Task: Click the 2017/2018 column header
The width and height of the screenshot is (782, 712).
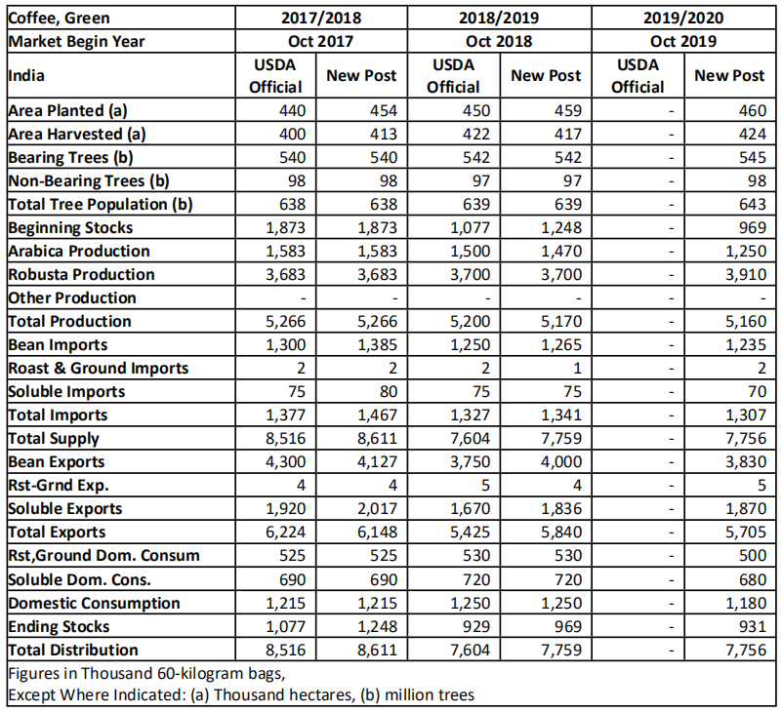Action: point(320,18)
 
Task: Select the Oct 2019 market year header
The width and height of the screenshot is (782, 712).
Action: point(682,41)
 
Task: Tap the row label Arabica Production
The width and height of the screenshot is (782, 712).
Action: point(79,251)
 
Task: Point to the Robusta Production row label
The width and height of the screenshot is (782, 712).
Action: point(81,274)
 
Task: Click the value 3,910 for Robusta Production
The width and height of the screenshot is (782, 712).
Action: point(746,274)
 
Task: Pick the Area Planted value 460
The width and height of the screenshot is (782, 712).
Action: point(752,110)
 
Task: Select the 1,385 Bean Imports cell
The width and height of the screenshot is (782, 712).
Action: point(377,345)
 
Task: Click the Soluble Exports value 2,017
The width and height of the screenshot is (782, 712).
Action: point(377,509)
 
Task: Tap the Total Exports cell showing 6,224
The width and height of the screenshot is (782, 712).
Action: point(285,533)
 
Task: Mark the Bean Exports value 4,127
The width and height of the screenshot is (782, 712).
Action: point(377,462)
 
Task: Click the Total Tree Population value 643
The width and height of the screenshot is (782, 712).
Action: point(752,204)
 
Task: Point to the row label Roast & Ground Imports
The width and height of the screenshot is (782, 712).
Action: point(99,369)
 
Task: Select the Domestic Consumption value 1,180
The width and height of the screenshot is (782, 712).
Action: point(746,603)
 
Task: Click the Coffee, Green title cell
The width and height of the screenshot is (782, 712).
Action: point(59,18)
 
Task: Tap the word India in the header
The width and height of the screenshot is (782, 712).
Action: point(26,76)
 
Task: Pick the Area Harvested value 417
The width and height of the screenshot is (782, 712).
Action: point(567,134)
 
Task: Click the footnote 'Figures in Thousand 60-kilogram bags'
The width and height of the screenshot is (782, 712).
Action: point(146,674)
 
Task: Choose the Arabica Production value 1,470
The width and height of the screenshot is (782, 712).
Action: point(561,251)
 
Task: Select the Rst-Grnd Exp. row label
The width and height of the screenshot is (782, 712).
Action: point(59,486)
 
